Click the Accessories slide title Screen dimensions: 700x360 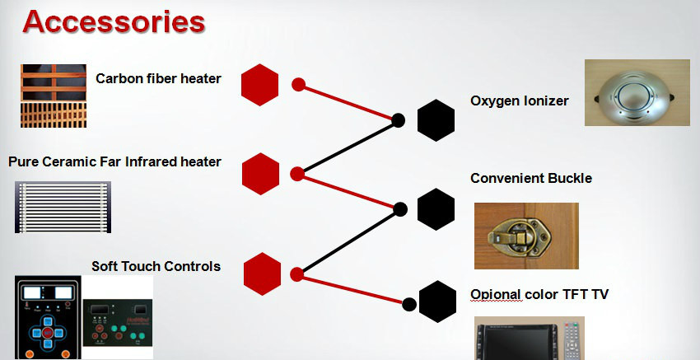[x=114, y=22]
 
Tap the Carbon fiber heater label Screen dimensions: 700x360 [x=158, y=78]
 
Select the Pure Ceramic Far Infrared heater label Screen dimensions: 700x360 [x=114, y=161]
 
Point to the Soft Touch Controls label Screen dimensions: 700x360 [x=156, y=266]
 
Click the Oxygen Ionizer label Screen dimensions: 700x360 [x=519, y=101]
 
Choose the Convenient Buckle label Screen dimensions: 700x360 [x=531, y=178]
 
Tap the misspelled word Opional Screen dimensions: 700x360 [x=496, y=295]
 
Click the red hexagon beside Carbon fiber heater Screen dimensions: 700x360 [x=259, y=85]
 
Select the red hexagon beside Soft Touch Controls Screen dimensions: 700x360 [x=263, y=274]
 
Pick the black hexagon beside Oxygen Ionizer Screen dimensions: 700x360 [x=436, y=120]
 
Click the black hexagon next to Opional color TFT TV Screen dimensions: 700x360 [x=437, y=302]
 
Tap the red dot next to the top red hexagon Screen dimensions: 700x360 [x=299, y=84]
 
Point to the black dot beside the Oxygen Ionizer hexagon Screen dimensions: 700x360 [x=399, y=120]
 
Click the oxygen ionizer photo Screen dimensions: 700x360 [x=637, y=92]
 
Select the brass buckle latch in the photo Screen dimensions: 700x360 [x=520, y=236]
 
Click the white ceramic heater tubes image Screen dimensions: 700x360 [x=63, y=207]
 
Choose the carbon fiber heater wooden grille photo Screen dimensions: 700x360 [x=54, y=96]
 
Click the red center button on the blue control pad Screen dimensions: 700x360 [x=49, y=333]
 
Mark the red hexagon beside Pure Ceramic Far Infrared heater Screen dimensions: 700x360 [x=261, y=174]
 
